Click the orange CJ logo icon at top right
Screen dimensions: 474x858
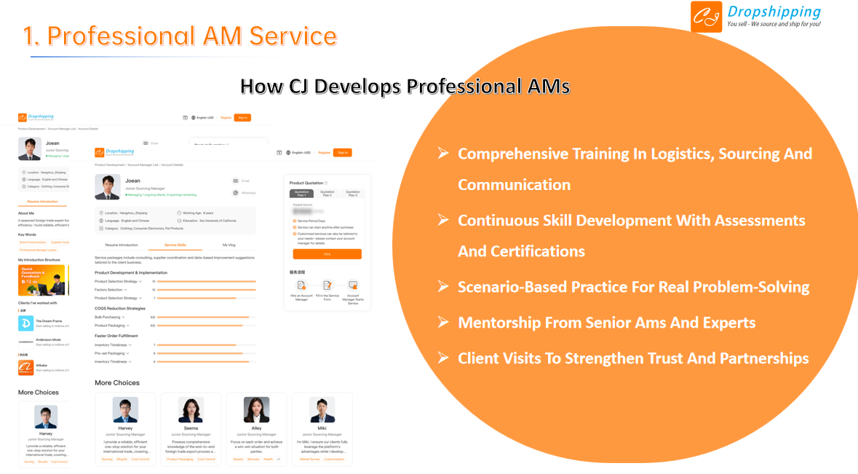[x=706, y=17]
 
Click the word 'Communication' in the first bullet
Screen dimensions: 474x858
[x=514, y=185]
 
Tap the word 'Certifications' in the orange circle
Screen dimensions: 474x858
[x=521, y=252]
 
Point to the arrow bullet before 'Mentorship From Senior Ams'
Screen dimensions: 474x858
[x=442, y=323]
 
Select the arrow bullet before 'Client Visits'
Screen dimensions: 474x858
[x=442, y=358]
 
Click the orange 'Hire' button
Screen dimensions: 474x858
[x=327, y=254]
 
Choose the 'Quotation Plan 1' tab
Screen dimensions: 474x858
[x=301, y=194]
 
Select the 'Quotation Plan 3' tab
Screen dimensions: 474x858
[x=353, y=194]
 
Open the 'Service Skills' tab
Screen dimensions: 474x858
[x=175, y=245]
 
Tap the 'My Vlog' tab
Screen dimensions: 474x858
[x=229, y=245]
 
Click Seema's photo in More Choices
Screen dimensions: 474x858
[x=191, y=410]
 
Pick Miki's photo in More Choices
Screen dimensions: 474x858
[x=322, y=410]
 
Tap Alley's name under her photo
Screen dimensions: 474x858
[x=256, y=428]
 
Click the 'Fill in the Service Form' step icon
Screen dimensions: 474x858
[x=327, y=285]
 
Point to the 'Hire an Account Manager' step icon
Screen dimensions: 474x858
[x=301, y=285]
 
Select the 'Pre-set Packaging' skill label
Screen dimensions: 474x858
[x=110, y=353]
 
